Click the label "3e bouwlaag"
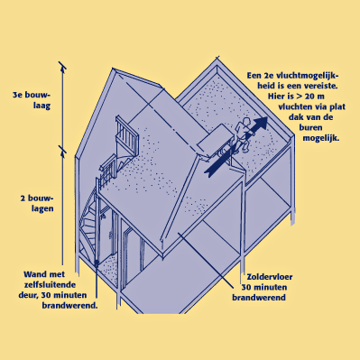[x=32, y=100]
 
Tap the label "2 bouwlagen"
[x=37, y=203]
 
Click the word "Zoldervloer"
[x=270, y=277]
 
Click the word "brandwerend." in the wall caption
[x=69, y=305]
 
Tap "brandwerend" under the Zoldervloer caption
[x=259, y=298]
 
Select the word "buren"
[x=310, y=127]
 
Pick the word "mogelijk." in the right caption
[x=321, y=138]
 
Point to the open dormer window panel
[x=216, y=140]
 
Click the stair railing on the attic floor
[x=126, y=135]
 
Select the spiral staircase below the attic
[x=88, y=224]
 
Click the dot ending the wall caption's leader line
[x=97, y=263]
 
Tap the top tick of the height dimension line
[x=62, y=65]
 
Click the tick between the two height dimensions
[x=62, y=149]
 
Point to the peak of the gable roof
[x=114, y=69]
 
